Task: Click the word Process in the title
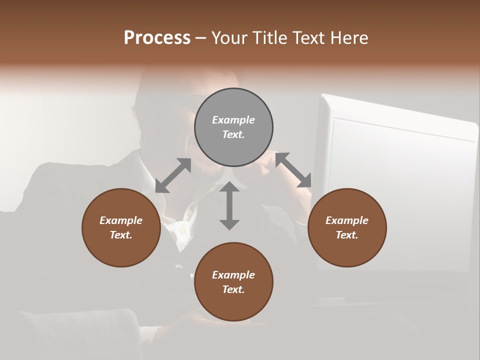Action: (x=157, y=38)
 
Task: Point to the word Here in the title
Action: (x=348, y=38)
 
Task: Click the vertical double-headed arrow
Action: (x=229, y=206)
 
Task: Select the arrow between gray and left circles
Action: (x=173, y=175)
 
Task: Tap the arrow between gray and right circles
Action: (x=293, y=170)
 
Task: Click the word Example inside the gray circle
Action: (x=233, y=120)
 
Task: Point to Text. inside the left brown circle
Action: (x=121, y=235)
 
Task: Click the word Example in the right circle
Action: (x=347, y=220)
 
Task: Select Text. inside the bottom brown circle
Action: (x=233, y=289)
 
